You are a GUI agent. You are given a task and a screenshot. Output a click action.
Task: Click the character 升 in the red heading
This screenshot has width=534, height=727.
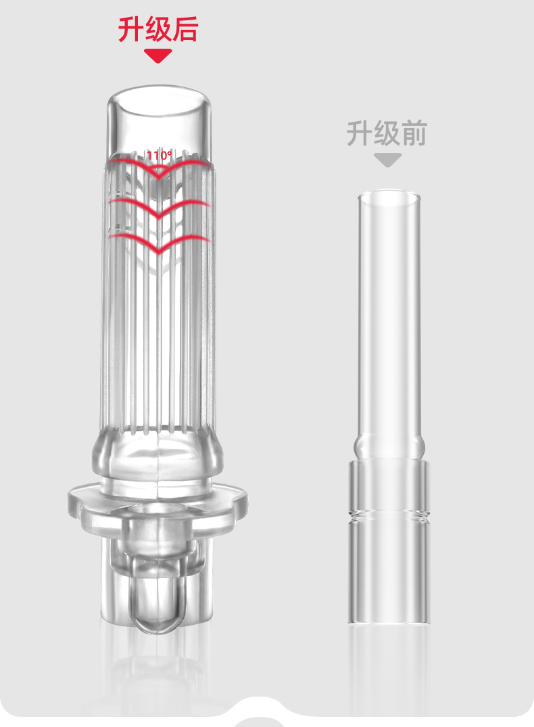click(x=130, y=29)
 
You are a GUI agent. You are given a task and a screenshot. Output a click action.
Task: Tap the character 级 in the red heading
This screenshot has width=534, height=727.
click(x=158, y=29)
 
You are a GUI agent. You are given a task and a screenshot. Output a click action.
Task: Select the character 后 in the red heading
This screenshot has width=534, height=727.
click(x=185, y=29)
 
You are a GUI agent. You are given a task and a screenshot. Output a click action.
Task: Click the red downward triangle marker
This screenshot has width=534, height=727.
click(x=158, y=55)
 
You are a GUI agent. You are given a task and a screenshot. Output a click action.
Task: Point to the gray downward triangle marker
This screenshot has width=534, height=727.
click(x=387, y=160)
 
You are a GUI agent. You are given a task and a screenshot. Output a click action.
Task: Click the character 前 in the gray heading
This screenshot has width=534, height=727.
click(x=414, y=133)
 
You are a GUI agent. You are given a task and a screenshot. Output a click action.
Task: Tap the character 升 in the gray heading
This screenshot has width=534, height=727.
click(x=360, y=133)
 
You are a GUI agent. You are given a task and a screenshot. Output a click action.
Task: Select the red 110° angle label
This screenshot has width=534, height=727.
click(x=160, y=156)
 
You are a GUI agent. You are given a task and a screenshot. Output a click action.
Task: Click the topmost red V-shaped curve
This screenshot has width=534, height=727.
click(x=158, y=177)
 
